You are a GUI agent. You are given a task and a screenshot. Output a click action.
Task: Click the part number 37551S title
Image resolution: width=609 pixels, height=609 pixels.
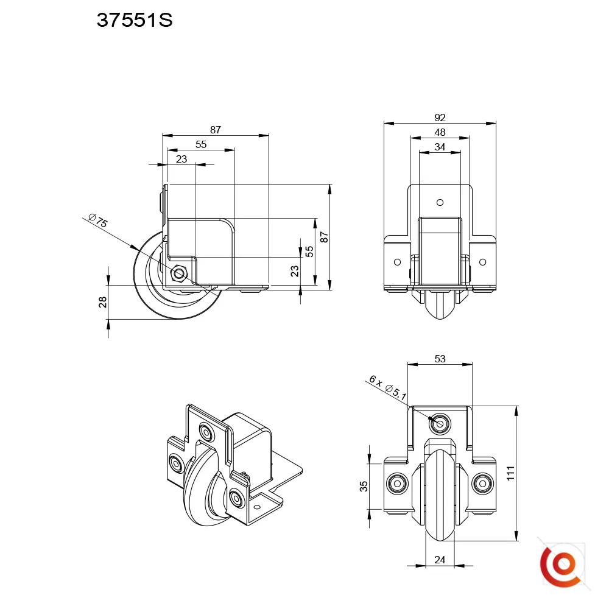click(135, 20)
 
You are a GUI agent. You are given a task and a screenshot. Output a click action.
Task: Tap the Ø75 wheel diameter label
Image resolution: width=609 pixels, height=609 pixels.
click(98, 220)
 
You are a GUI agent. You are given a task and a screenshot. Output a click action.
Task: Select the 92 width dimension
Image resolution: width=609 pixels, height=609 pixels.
click(440, 118)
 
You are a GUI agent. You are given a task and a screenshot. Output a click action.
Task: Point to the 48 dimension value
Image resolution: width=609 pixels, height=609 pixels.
click(440, 132)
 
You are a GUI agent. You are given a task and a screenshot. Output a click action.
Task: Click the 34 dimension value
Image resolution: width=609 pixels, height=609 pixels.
click(440, 147)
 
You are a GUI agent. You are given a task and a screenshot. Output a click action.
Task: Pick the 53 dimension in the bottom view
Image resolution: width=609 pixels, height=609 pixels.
click(440, 359)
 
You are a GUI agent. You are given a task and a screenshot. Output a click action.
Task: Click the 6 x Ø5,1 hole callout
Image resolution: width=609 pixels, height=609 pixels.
click(387, 387)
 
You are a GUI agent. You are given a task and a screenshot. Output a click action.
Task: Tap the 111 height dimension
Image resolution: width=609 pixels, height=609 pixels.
click(510, 473)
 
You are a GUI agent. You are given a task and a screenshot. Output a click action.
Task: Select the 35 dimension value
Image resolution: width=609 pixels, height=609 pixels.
click(364, 486)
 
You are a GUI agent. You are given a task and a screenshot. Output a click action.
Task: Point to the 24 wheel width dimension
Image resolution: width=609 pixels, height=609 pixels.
click(440, 560)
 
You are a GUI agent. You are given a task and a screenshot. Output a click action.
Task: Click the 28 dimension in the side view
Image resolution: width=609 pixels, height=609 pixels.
click(102, 302)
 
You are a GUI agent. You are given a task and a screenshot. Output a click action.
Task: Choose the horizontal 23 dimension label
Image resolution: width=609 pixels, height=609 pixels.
click(181, 159)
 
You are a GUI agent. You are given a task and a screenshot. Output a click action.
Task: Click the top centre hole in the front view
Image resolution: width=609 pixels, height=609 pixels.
click(440, 202)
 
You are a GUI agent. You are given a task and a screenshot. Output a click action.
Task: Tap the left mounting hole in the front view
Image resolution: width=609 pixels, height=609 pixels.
click(397, 262)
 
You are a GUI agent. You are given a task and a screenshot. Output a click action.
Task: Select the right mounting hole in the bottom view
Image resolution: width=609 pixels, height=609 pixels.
click(482, 484)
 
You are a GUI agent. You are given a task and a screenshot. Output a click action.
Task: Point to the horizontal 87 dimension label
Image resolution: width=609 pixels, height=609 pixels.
click(216, 130)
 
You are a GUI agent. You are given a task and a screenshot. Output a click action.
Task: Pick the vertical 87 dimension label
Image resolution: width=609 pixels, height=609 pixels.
click(325, 238)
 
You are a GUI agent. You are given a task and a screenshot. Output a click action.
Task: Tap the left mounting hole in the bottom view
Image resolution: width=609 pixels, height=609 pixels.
click(397, 484)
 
